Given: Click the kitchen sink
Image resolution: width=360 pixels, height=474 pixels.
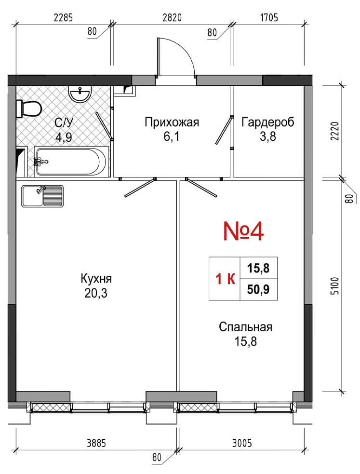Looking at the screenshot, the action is tap(42, 196).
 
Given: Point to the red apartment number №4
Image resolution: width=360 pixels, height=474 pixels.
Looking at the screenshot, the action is tap(243, 231).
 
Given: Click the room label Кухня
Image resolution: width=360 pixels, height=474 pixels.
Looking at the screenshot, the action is tap(96, 278).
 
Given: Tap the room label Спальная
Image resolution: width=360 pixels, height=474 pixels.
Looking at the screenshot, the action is tap(245, 327).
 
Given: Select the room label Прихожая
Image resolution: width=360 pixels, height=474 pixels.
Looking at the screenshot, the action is tap(172, 122).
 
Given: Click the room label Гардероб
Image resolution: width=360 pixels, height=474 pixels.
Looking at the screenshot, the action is tap(267, 122).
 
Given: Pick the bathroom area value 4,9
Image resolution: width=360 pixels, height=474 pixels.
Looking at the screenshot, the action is tap(64, 137).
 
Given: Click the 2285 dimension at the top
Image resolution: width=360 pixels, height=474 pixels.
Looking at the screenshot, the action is tap(64, 17).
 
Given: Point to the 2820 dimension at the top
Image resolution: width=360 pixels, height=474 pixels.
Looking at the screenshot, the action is tap(172, 17).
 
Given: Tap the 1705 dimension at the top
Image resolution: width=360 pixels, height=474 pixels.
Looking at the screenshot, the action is tap(269, 17).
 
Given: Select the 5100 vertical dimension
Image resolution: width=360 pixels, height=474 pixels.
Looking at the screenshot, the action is tap(335, 286).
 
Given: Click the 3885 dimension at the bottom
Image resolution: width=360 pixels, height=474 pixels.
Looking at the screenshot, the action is tap(96, 443).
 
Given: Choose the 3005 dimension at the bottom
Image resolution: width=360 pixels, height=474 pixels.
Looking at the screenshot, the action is tap(242, 443).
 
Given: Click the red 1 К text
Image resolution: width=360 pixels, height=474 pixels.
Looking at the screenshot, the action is tap(226, 279).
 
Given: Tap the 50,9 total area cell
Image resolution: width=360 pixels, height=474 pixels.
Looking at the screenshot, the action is tap(258, 290).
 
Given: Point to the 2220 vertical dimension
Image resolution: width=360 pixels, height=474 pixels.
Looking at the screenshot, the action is tap(335, 131).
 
